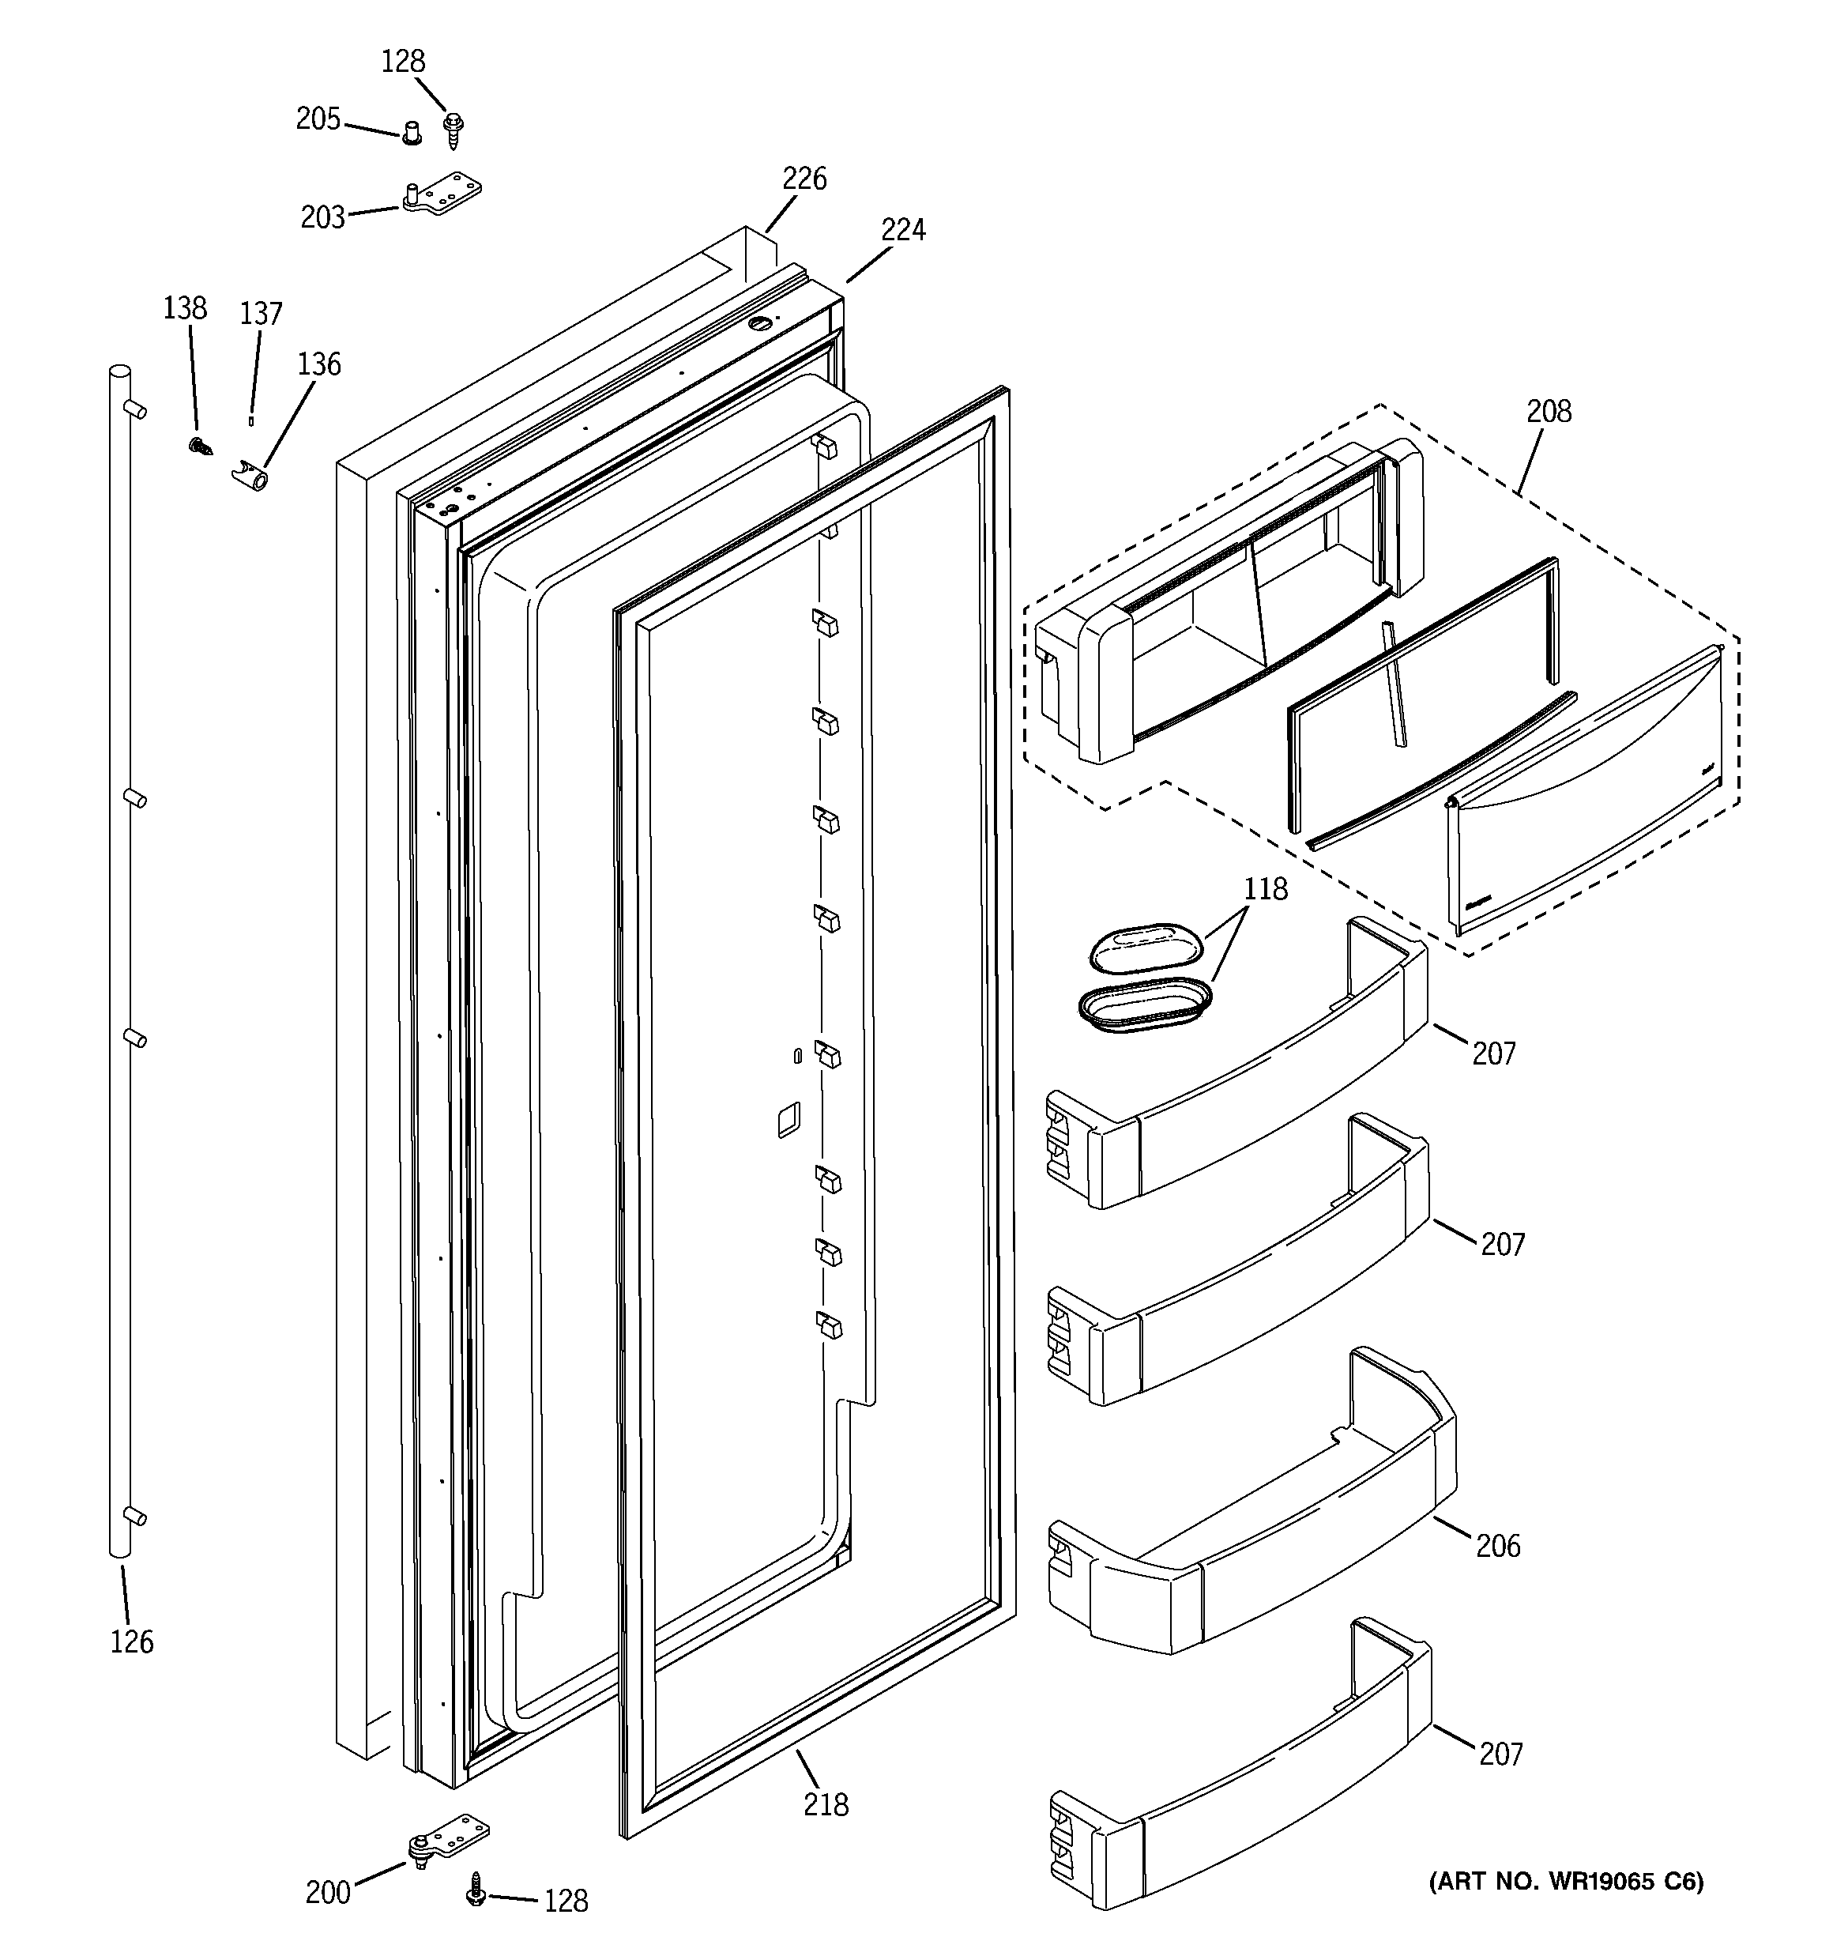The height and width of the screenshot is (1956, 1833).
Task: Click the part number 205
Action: [318, 119]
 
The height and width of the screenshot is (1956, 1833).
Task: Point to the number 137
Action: [261, 314]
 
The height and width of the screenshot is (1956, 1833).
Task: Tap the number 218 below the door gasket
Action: [826, 1803]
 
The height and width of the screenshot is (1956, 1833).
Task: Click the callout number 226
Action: [804, 179]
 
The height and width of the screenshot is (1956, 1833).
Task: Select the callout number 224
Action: [902, 230]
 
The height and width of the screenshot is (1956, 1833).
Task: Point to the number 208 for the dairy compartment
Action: [1549, 411]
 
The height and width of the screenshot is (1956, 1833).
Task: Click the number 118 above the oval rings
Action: [1265, 889]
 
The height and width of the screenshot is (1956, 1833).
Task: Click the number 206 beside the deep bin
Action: [1497, 1546]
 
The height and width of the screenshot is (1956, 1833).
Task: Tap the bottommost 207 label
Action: [1500, 1754]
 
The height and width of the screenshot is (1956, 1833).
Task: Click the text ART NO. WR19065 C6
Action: [1565, 1881]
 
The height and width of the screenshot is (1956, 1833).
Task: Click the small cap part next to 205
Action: [412, 132]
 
